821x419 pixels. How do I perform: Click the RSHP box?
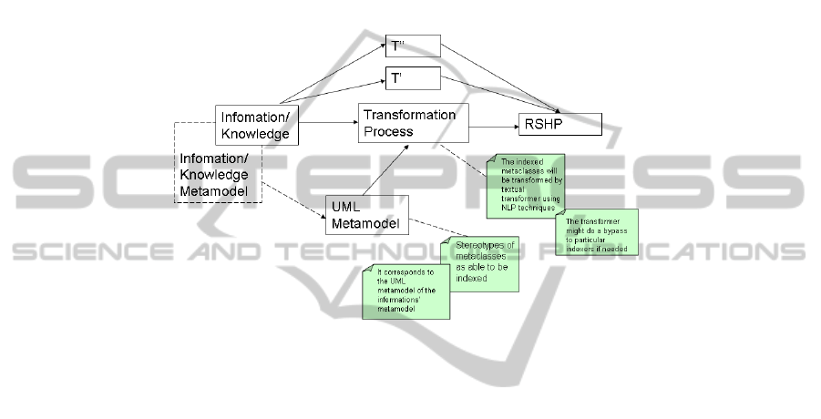[x=559, y=124]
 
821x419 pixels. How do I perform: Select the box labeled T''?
[x=413, y=46]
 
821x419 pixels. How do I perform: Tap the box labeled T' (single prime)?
[x=413, y=78]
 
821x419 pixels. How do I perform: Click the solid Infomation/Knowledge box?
[x=257, y=126]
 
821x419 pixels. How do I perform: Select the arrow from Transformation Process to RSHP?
[x=493, y=124]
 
